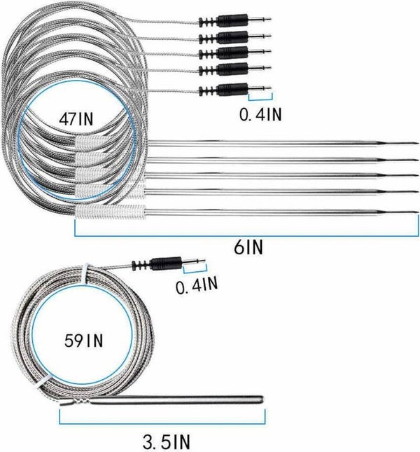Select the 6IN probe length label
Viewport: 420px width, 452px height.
pos(242,246)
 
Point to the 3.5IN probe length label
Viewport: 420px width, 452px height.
pos(165,442)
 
